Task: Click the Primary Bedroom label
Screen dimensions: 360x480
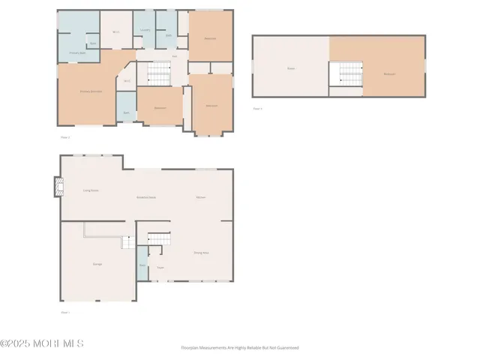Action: point(91,91)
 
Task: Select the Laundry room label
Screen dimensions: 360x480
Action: point(145,30)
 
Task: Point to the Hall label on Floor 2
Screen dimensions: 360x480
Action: point(175,56)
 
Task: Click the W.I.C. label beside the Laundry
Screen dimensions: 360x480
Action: point(116,31)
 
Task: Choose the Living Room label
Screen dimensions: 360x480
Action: point(91,190)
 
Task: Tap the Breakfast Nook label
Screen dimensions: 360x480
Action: point(146,197)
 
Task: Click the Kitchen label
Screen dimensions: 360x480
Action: point(201,196)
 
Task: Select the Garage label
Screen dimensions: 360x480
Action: point(97,264)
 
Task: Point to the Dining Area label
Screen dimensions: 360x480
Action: point(202,253)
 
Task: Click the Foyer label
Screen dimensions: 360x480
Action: point(160,268)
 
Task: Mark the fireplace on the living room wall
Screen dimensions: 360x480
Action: point(57,186)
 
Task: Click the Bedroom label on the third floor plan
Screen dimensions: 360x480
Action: point(389,73)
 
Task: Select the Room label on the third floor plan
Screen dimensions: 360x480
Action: point(290,69)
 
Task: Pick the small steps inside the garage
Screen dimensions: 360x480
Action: point(129,241)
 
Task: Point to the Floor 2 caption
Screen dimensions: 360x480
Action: point(64,138)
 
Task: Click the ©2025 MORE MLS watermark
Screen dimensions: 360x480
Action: point(42,343)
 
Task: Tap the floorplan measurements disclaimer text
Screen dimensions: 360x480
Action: point(240,348)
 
